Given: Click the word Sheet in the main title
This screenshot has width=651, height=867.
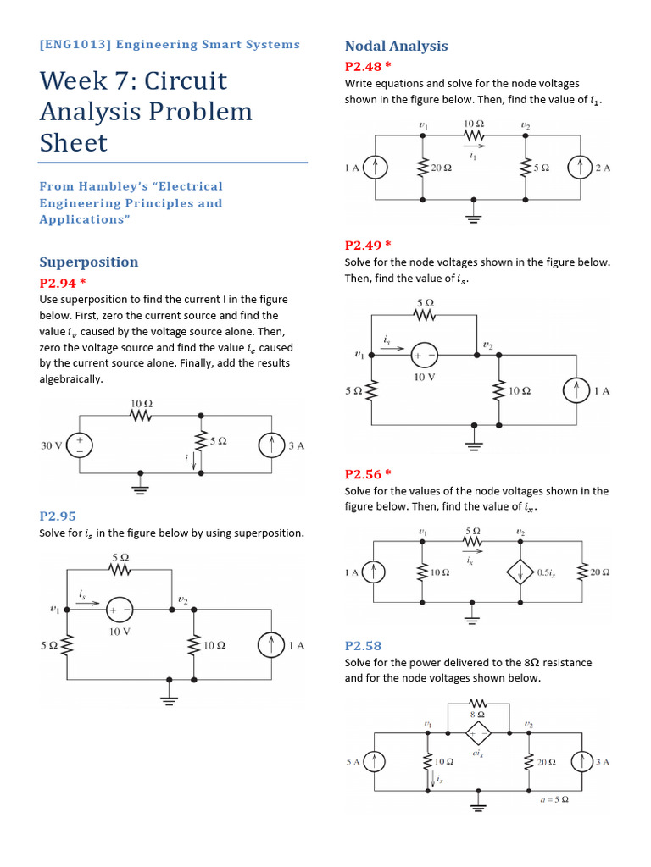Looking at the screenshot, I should click(x=74, y=142).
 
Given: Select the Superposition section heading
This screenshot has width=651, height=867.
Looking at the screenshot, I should click(x=88, y=262).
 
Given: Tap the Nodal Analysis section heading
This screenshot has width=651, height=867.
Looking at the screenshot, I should click(x=396, y=46).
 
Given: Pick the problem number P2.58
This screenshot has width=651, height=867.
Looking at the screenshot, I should click(x=363, y=645).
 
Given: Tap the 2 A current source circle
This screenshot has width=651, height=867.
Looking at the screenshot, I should click(x=580, y=168).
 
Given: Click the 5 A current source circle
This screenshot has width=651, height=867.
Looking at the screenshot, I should click(x=375, y=762).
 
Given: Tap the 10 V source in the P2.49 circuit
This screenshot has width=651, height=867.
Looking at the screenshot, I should click(x=425, y=355).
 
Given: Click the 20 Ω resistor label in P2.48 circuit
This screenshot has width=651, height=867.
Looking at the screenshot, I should click(x=442, y=168).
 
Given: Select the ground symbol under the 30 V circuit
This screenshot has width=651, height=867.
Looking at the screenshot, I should click(x=142, y=489).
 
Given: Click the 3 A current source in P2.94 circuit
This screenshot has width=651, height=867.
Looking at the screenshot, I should click(x=271, y=445).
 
